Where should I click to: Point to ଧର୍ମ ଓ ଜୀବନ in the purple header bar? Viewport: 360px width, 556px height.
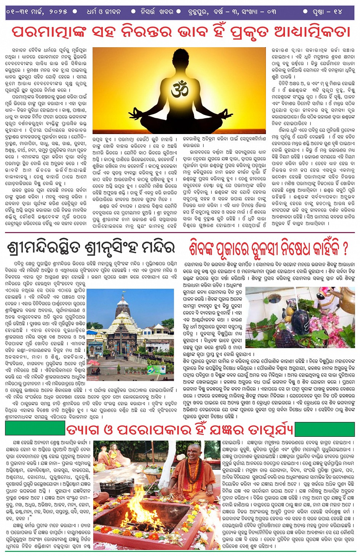click(x=103, y=11)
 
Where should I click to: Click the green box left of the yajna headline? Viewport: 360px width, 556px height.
click(x=35, y=429)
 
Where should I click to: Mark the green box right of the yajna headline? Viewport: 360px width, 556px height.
click(x=325, y=429)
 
